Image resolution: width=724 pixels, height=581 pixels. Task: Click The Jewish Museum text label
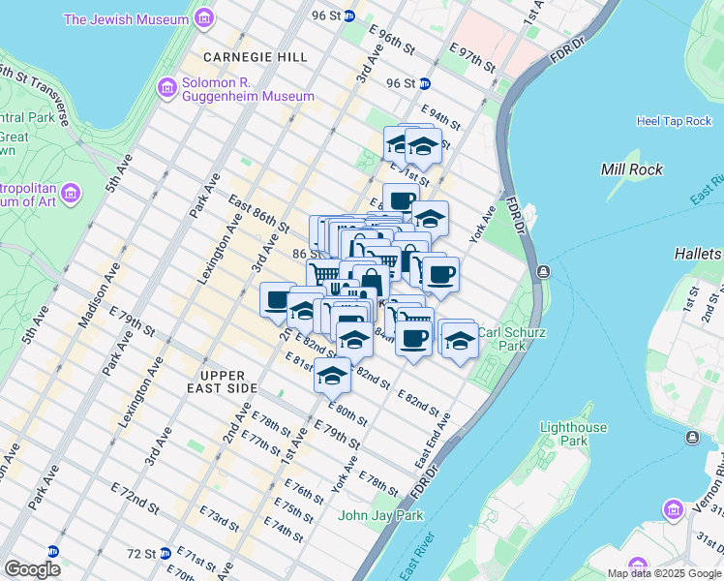click(126, 18)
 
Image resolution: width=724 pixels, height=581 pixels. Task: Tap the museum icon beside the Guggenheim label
click(167, 88)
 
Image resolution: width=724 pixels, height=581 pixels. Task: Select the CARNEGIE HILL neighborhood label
click(241, 57)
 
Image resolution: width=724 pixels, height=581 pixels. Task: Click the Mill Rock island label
click(632, 169)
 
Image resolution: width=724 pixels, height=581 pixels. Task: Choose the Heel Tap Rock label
click(674, 121)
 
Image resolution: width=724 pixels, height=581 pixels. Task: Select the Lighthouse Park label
click(573, 434)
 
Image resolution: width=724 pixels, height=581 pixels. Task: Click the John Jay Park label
click(380, 515)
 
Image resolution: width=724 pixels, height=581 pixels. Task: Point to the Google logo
click(32, 569)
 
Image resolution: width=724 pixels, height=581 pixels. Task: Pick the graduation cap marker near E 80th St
click(332, 374)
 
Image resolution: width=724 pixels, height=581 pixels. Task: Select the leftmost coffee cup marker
click(278, 298)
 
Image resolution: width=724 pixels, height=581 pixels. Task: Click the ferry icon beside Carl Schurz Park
click(542, 271)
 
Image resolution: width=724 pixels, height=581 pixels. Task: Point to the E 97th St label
click(471, 55)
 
